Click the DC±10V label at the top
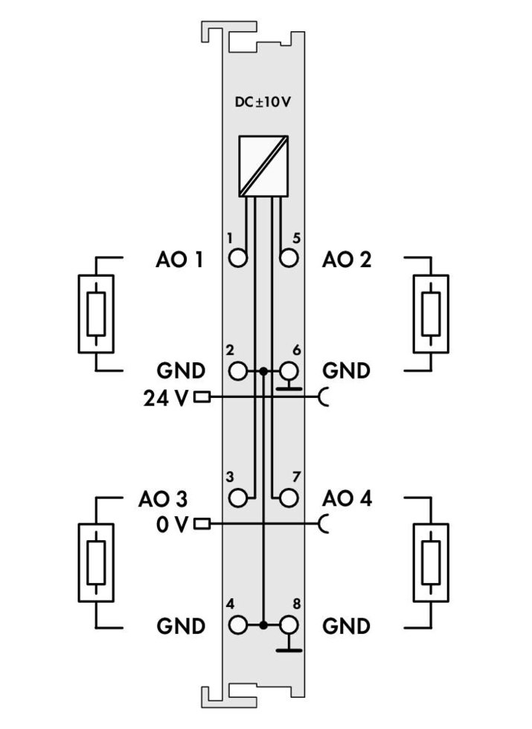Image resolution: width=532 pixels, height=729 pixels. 262,102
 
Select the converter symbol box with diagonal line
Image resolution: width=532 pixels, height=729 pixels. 263,166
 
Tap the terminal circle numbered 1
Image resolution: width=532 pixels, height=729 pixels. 238,257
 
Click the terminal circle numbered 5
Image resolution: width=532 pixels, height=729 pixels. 289,257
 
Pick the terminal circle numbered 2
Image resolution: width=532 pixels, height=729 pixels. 238,371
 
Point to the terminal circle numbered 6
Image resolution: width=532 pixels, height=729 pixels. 289,371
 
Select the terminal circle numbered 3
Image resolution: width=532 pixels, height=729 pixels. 238,498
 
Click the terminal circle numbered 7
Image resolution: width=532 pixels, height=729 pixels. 289,498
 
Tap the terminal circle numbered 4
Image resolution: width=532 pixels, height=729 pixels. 238,626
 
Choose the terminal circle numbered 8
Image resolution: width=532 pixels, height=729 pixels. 289,626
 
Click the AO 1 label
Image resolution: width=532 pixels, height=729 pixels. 179,260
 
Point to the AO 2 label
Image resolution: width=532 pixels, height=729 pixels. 347,260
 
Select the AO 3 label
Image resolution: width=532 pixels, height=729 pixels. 163,499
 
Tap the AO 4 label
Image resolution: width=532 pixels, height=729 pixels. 347,498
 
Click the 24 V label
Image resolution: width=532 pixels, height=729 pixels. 166,399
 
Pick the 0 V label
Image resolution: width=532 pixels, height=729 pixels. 173,525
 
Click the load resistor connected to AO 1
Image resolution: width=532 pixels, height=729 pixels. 96,314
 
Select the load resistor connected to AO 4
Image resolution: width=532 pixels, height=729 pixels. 431,562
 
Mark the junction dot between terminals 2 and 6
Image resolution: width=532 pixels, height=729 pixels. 263,371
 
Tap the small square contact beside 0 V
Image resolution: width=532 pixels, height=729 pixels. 202,524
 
